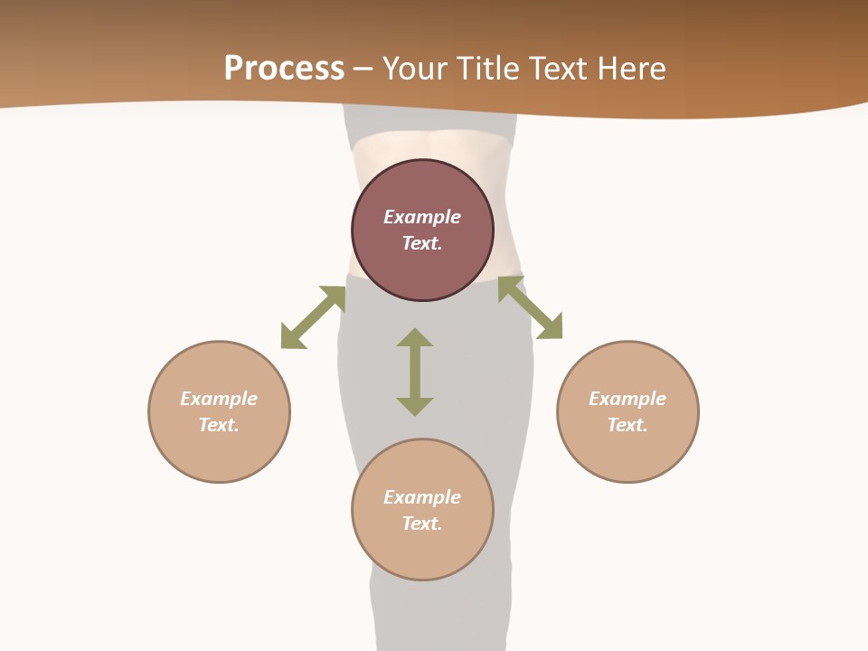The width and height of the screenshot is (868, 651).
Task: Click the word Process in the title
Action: [x=284, y=69]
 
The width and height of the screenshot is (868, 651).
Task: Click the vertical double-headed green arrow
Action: [x=415, y=372]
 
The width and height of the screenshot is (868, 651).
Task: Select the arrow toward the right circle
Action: [x=530, y=307]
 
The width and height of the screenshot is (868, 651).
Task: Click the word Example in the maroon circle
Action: [x=422, y=217]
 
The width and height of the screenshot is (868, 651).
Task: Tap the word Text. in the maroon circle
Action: [x=422, y=243]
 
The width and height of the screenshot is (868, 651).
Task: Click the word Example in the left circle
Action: [x=219, y=399]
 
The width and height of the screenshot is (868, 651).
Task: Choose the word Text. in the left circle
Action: [x=219, y=425]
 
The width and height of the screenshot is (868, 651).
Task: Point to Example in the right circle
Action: [x=627, y=399]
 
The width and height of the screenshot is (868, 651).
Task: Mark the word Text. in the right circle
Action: [x=627, y=425]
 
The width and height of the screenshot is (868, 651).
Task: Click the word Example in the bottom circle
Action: [x=422, y=497]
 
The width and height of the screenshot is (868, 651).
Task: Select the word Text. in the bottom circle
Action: [x=422, y=524]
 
